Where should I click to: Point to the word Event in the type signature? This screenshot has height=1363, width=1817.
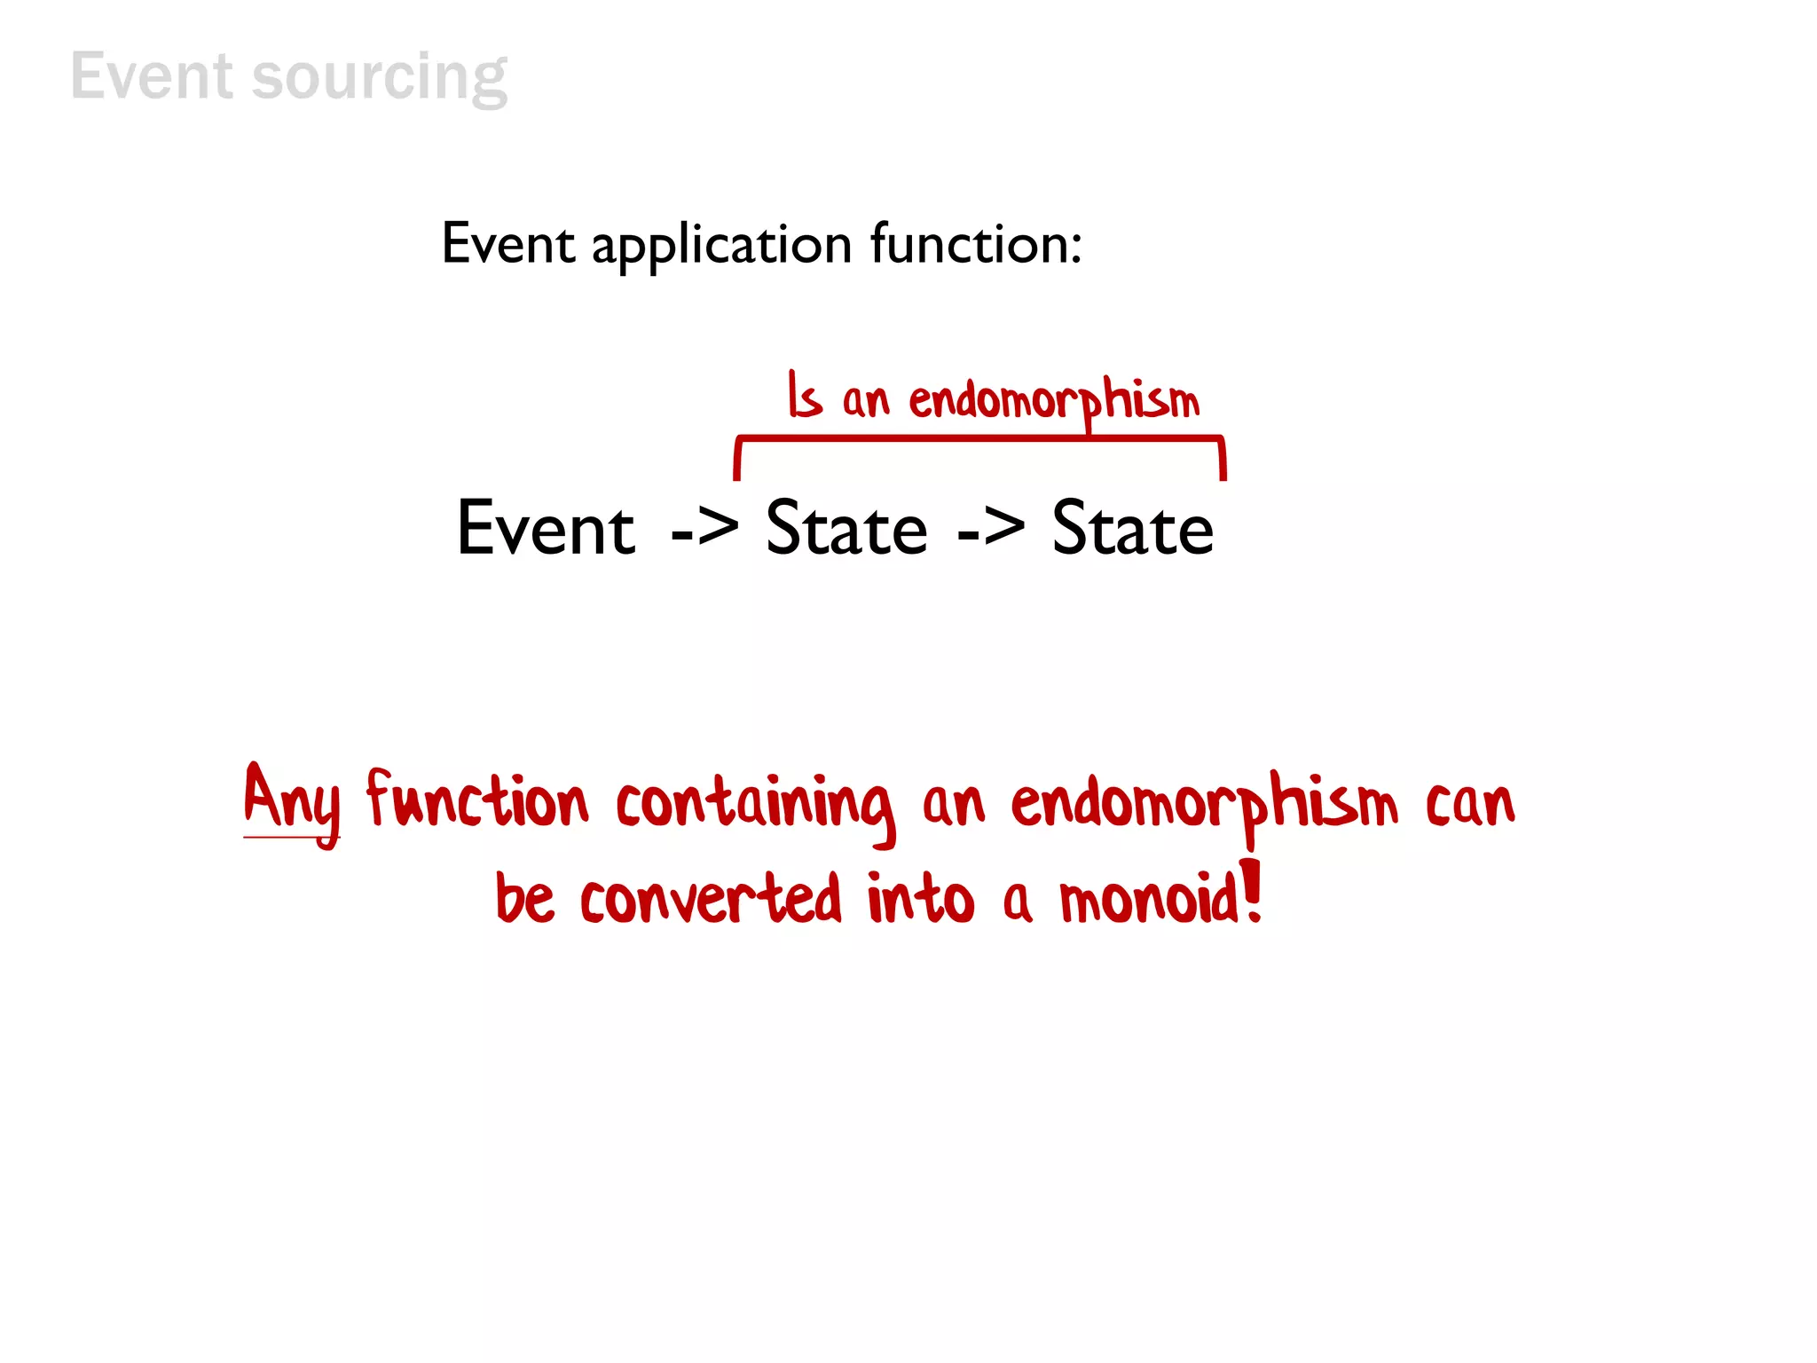(x=546, y=529)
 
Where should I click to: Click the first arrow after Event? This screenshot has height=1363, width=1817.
(x=704, y=531)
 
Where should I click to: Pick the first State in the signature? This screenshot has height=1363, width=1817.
(x=846, y=529)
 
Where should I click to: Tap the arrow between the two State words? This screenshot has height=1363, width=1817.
(x=991, y=531)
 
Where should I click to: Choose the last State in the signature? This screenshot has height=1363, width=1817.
(x=1133, y=529)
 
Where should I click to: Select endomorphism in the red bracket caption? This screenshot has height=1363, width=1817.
(x=1054, y=401)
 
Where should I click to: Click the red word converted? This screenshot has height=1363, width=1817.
(x=710, y=900)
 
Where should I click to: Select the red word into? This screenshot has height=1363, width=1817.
(x=920, y=898)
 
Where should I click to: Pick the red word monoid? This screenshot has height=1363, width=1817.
(x=1150, y=900)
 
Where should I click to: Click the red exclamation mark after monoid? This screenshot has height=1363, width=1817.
(x=1252, y=890)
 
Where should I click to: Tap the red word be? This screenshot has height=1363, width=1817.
(x=525, y=898)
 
